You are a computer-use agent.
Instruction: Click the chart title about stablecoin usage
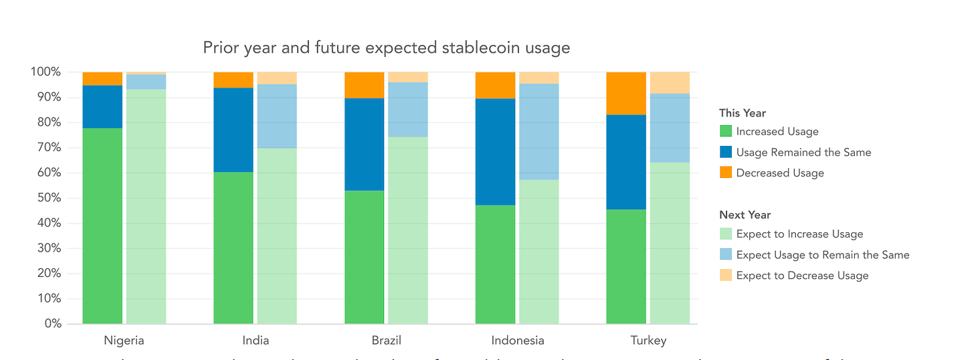pos(387,48)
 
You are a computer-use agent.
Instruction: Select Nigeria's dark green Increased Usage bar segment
pos(102,226)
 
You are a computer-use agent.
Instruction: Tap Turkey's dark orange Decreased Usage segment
pos(626,93)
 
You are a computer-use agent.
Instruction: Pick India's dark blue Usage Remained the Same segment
pos(233,130)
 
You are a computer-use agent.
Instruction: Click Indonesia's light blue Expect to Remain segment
pos(539,132)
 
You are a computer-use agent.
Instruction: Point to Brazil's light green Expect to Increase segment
pos(407,230)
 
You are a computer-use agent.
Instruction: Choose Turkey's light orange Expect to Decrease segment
pos(670,82)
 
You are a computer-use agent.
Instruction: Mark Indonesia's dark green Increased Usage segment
pos(495,264)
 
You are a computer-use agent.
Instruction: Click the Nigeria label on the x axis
pos(124,341)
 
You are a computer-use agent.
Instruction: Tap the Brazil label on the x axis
pos(387,341)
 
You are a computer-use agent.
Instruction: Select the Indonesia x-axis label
pos(518,341)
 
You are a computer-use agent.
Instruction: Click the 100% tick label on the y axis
pos(45,72)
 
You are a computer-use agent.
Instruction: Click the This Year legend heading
pos(743,113)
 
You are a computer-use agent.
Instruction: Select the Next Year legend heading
pos(745,215)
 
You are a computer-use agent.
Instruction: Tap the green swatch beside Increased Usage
pos(725,132)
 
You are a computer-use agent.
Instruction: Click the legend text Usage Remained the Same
pos(803,153)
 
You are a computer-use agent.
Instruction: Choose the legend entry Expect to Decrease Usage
pos(802,276)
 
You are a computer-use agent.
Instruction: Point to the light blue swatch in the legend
pos(725,255)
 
